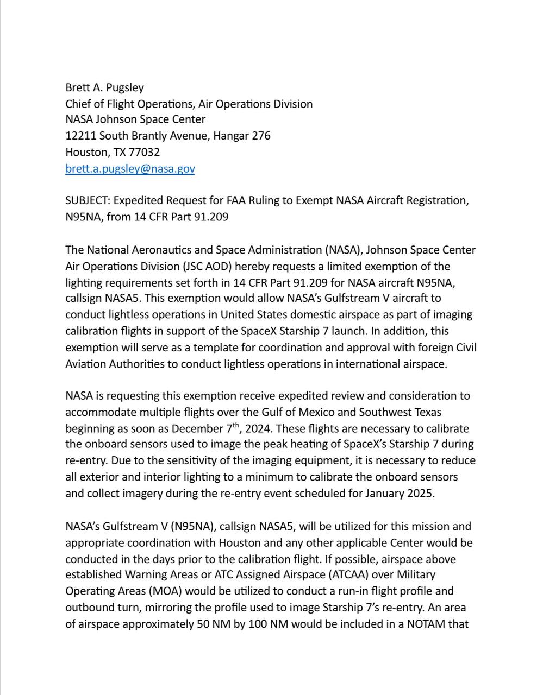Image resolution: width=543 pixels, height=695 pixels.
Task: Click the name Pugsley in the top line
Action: tap(125, 87)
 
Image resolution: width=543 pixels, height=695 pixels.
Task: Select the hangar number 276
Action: tap(261, 136)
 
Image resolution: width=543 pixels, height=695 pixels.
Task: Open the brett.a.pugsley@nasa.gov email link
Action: tap(130, 168)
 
